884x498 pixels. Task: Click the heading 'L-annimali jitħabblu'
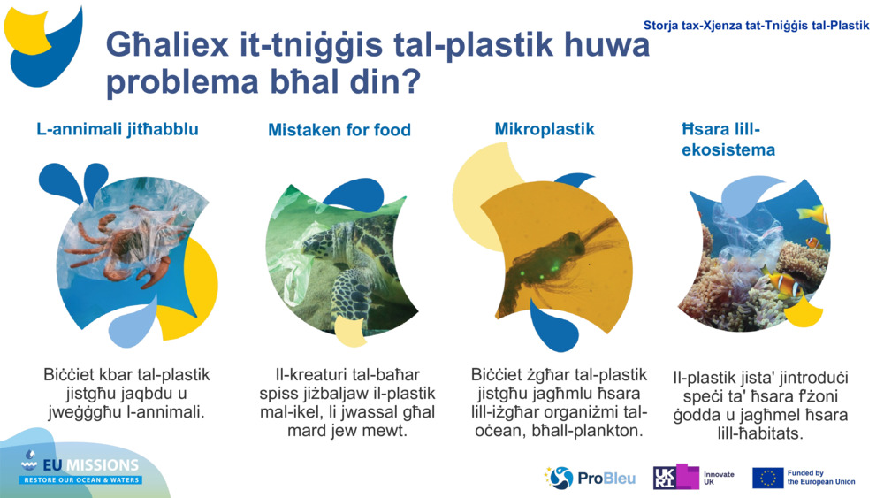[118, 129]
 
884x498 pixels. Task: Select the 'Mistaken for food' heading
[339, 130]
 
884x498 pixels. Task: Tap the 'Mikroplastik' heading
[545, 129]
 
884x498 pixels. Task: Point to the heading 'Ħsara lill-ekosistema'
[721, 140]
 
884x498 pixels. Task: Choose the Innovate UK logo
[694, 478]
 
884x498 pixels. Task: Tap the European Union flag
[767, 478]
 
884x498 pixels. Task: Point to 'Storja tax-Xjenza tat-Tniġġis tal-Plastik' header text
[756, 26]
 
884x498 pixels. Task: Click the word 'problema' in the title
[164, 83]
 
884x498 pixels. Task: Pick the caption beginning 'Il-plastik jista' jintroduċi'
[760, 405]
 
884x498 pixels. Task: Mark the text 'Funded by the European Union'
[820, 478]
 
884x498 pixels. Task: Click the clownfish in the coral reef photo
[785, 285]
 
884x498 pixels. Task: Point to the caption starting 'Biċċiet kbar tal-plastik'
[126, 393]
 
